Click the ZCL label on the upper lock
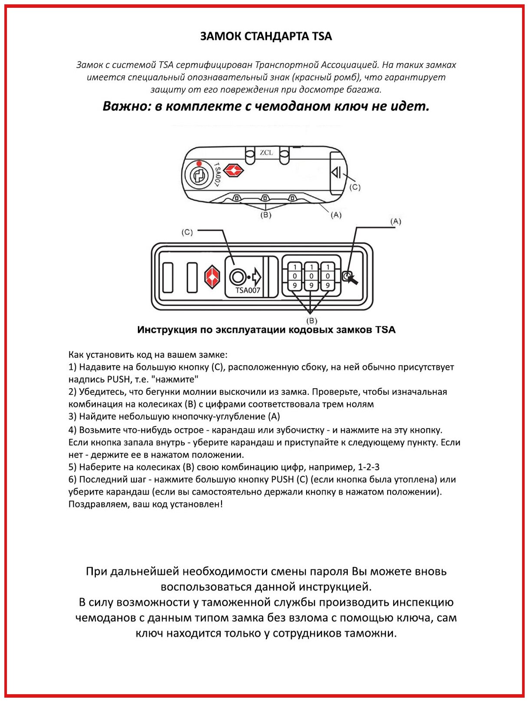pyautogui.click(x=266, y=153)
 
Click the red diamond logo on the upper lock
pyautogui.click(x=233, y=170)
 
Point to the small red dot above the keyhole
pyautogui.click(x=199, y=163)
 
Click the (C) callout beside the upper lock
pyautogui.click(x=355, y=187)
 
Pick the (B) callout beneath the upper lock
pyautogui.click(x=265, y=215)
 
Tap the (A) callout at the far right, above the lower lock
pyautogui.click(x=395, y=221)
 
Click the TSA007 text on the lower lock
pyautogui.click(x=248, y=290)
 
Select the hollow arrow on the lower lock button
pyautogui.click(x=256, y=276)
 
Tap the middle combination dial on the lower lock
pyautogui.click(x=311, y=276)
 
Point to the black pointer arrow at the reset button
pyautogui.click(x=353, y=279)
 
